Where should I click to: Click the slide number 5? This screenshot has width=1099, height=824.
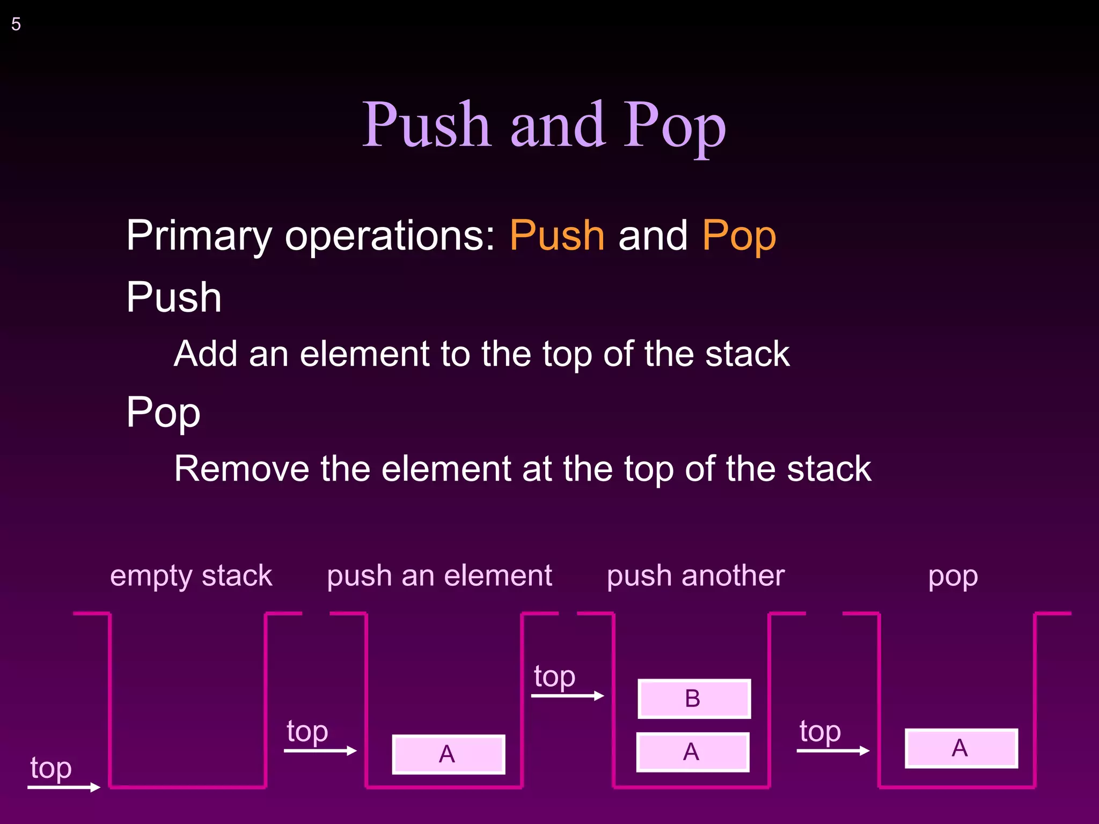point(16,25)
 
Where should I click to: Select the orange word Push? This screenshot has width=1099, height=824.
point(557,236)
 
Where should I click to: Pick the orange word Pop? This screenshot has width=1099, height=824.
point(739,236)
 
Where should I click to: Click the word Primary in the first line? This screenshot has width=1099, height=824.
point(199,236)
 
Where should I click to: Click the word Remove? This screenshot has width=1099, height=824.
point(241,469)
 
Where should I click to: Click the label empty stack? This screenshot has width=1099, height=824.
point(191,576)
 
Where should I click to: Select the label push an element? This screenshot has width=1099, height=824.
point(439,576)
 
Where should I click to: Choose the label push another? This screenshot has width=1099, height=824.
point(695,576)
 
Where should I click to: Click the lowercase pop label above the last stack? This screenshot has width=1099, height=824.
point(953,577)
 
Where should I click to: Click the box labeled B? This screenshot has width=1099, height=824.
point(694,698)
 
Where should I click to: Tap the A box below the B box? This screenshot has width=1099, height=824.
point(692,752)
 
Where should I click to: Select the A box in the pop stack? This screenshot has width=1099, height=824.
point(961,748)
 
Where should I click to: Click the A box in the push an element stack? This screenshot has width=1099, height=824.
point(448,754)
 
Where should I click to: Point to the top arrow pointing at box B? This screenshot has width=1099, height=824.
point(568,696)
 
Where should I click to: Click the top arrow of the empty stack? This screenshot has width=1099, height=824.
point(64,787)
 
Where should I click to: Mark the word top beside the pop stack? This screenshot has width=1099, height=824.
point(820,731)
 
